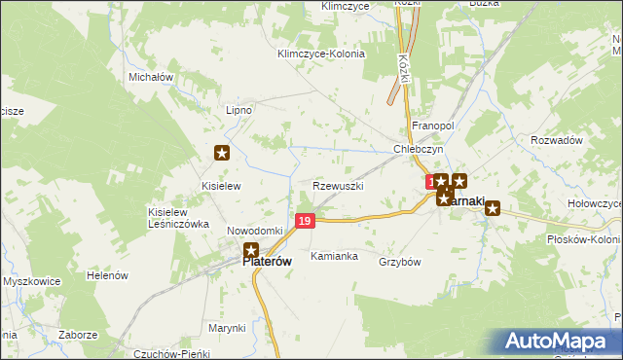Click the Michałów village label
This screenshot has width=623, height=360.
pos(150,76)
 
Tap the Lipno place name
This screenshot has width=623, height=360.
pos(238,110)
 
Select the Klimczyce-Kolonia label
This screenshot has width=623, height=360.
pos(320,54)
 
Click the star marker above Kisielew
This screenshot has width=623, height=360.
pos(222,153)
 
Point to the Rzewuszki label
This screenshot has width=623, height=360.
pos(339,185)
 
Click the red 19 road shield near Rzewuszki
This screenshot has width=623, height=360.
pos(306,222)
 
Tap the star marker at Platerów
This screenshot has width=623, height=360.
pos(251,250)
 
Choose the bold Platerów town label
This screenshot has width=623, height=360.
pos(268,261)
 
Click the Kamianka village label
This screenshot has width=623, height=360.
pos(334,257)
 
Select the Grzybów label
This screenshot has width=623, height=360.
pos(399,262)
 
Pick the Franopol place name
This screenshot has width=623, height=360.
pos(433,126)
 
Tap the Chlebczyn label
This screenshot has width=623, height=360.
pos(419,149)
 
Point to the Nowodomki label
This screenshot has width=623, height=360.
pos(254,231)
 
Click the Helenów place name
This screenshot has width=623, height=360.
pos(108,275)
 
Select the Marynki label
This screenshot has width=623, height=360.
pos(226,328)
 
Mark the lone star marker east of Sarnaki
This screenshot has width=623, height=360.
pos(493,207)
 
